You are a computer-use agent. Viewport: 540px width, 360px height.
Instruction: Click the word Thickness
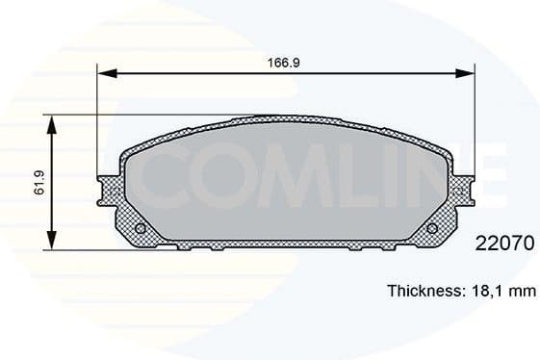(x=424, y=290)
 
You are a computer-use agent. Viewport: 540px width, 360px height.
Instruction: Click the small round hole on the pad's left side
(x=141, y=228)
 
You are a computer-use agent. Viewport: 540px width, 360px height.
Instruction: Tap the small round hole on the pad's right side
(x=431, y=228)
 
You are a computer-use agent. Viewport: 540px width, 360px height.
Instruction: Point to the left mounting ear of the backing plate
(x=107, y=190)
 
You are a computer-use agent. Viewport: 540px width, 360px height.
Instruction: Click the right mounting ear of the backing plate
(x=465, y=190)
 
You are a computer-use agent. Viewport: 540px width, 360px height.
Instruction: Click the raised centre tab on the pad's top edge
(x=286, y=118)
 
